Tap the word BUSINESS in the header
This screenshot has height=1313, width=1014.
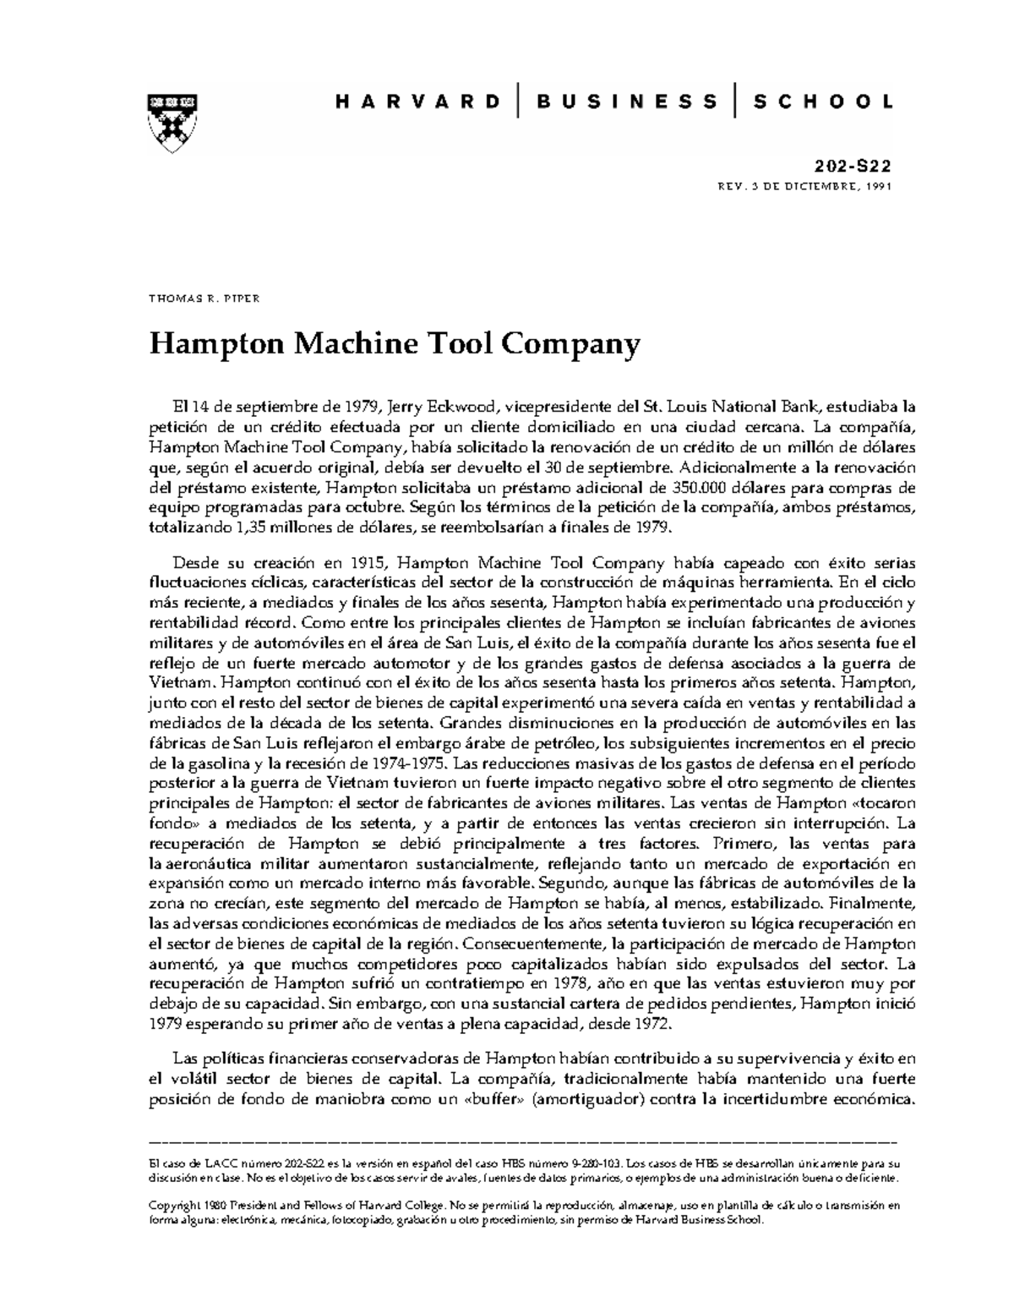tap(627, 102)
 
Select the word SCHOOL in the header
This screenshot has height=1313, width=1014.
tap(823, 102)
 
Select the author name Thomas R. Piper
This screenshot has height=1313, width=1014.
tap(204, 299)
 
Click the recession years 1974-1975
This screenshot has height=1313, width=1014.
tap(403, 763)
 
